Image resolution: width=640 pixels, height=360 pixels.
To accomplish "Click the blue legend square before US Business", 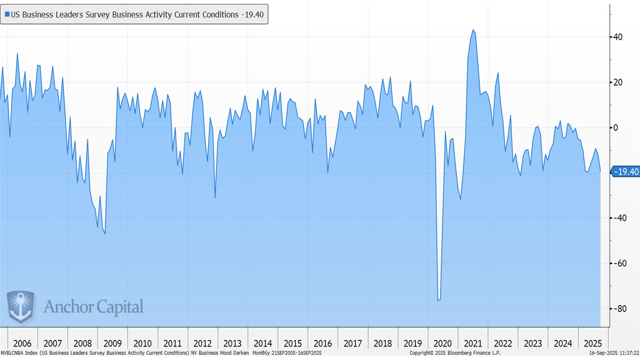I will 6,15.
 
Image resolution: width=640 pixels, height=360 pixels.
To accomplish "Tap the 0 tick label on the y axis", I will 616,127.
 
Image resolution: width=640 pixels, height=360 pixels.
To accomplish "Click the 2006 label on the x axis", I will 22,343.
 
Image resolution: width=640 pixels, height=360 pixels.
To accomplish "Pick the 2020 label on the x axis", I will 442,343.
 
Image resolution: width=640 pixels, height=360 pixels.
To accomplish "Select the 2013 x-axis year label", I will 232,343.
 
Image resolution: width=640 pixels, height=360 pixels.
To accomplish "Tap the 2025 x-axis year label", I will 592,343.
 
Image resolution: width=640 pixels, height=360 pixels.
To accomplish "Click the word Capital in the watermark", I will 120,307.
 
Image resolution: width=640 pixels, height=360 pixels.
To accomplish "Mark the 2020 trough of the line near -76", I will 438,300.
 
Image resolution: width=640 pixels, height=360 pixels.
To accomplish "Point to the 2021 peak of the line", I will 472,30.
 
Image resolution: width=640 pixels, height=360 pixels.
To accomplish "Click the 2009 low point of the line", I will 105,234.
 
